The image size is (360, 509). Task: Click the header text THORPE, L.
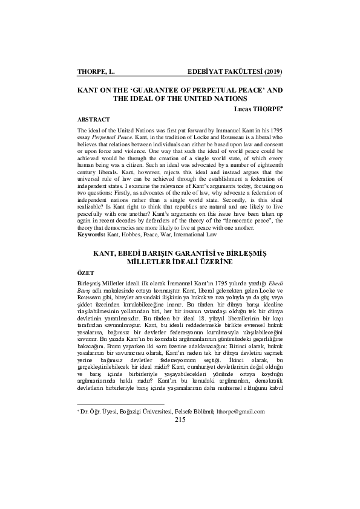(x=96, y=72)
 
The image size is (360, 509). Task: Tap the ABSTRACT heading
(x=94, y=120)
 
